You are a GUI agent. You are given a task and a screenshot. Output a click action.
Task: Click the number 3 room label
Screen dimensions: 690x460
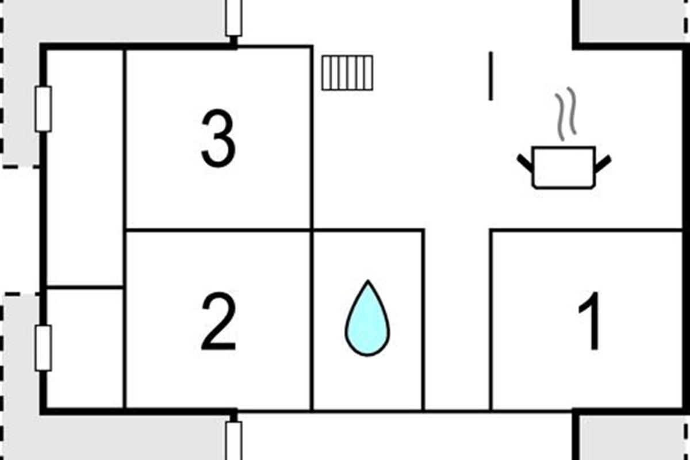(218, 138)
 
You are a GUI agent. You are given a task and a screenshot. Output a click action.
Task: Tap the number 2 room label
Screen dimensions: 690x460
(218, 321)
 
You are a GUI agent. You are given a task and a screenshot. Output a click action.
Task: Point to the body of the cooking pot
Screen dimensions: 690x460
(563, 167)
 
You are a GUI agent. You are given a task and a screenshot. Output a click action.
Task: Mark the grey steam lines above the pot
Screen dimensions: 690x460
(566, 114)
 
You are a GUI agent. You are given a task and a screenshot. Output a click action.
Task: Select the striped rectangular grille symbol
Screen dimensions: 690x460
(347, 73)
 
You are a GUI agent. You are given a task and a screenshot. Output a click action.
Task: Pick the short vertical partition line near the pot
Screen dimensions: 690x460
(490, 76)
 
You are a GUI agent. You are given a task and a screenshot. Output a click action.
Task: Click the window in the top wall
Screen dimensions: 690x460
(234, 18)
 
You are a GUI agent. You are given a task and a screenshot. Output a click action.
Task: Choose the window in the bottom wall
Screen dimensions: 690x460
(234, 441)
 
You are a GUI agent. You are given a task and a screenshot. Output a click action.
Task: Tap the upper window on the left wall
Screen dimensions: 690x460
(44, 109)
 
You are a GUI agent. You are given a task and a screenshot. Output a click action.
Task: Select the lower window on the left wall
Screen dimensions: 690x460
(44, 348)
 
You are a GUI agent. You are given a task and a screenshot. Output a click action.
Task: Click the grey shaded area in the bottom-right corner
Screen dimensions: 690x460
(632, 438)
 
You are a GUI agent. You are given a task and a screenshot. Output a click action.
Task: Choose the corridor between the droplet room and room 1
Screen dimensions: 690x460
(457, 320)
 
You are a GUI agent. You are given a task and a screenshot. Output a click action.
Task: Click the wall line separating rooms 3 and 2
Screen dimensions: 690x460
(218, 230)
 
